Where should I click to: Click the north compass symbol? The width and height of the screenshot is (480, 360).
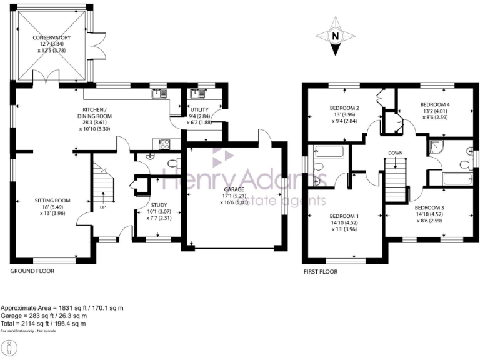click(335, 36)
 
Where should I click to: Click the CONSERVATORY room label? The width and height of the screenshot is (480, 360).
click(52, 37)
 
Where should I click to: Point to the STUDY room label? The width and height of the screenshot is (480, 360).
click(159, 204)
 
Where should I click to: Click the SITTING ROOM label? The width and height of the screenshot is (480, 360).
click(52, 201)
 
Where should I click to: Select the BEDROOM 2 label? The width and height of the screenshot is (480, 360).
click(345, 107)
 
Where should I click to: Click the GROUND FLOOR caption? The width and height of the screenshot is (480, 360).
click(32, 271)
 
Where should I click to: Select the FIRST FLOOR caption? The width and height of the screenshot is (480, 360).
click(320, 272)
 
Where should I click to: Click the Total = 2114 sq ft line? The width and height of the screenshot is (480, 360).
click(43, 324)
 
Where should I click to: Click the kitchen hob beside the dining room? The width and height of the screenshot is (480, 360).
click(166, 144)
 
